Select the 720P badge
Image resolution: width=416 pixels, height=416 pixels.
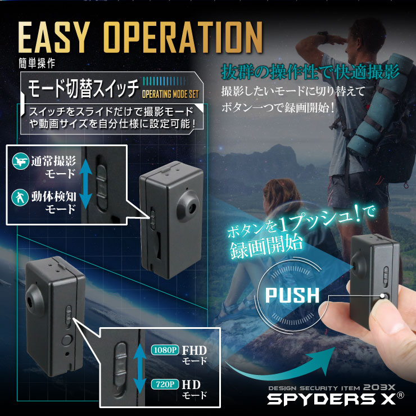click(165, 385)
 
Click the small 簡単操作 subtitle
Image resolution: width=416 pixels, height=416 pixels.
click(35, 62)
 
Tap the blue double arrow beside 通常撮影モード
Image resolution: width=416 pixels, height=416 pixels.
click(84, 182)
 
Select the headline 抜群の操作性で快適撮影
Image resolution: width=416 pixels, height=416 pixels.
click(310, 73)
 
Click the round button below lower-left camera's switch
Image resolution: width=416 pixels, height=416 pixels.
click(67, 340)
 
